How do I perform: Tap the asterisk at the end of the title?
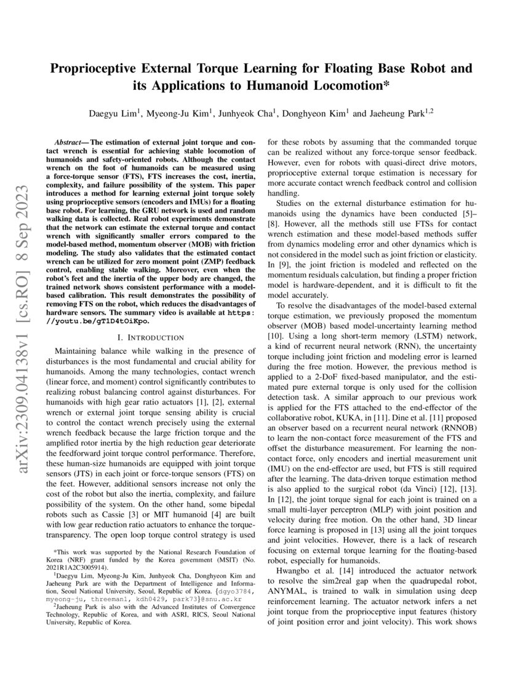(387, 85)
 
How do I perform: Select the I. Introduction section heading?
(150, 337)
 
